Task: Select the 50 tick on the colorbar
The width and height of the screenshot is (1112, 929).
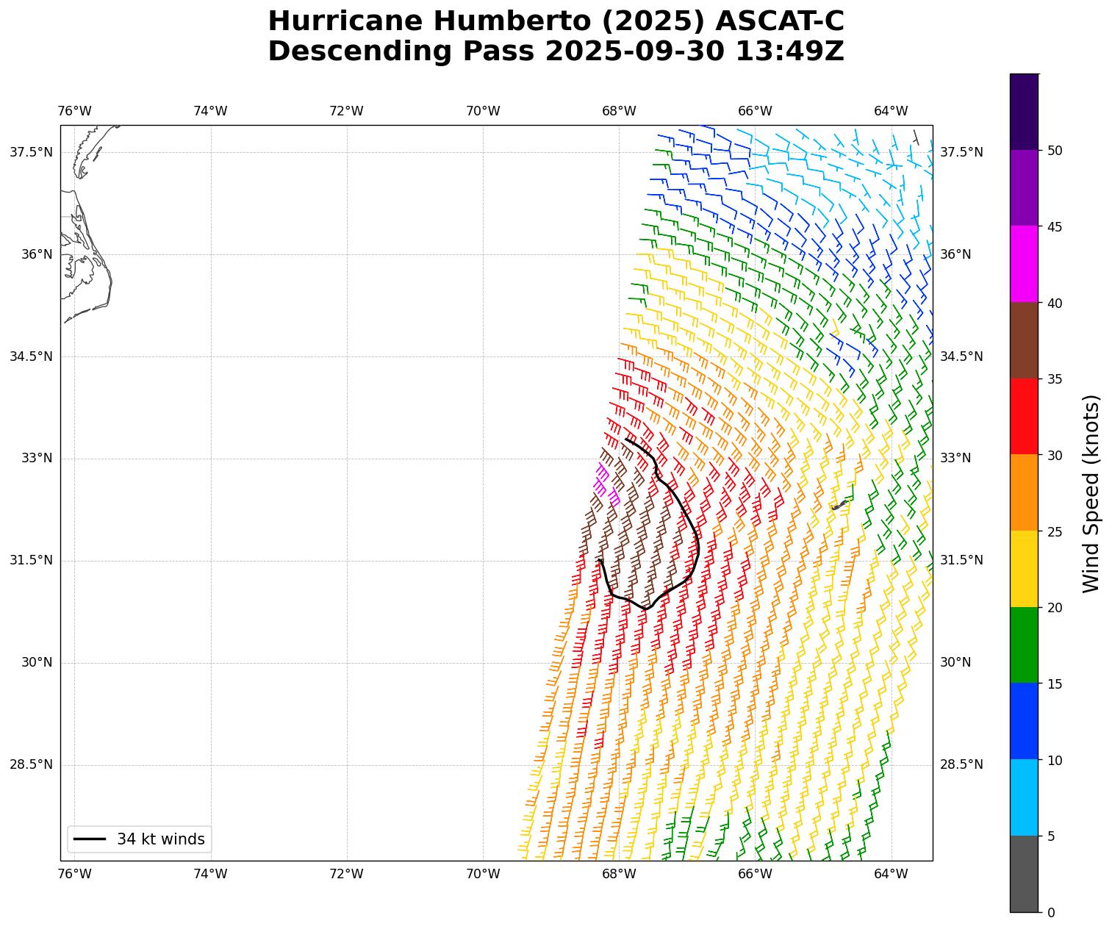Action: pyautogui.click(x=1054, y=151)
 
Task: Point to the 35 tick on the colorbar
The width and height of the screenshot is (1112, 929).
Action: pyautogui.click(x=1054, y=379)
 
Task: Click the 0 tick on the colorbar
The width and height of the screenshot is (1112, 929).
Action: pyautogui.click(x=1050, y=912)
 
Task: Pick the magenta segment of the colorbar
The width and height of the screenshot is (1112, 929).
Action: pyautogui.click(x=1024, y=264)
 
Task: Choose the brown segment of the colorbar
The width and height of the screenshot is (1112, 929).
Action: pyautogui.click(x=1024, y=340)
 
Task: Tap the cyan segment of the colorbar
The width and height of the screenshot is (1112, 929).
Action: pyautogui.click(x=1024, y=797)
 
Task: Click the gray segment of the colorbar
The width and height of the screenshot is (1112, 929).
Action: pyautogui.click(x=1024, y=874)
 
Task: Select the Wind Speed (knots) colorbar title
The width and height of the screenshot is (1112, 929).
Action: pyautogui.click(x=1091, y=493)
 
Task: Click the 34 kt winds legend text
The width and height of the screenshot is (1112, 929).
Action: pyautogui.click(x=160, y=839)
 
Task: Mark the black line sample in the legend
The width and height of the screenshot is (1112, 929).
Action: pyautogui.click(x=90, y=839)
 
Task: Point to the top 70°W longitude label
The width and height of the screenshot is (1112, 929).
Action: pyautogui.click(x=483, y=111)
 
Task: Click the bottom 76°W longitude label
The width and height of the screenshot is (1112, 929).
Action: pyautogui.click(x=74, y=874)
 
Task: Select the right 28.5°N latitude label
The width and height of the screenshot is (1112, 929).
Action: pyautogui.click(x=961, y=764)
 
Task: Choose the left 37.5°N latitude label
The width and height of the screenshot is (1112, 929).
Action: pyautogui.click(x=31, y=152)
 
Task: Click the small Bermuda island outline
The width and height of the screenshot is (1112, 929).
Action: pyautogui.click(x=839, y=505)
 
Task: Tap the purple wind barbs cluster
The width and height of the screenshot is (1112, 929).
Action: pyautogui.click(x=605, y=482)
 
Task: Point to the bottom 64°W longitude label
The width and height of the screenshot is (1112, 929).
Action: pyautogui.click(x=891, y=874)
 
